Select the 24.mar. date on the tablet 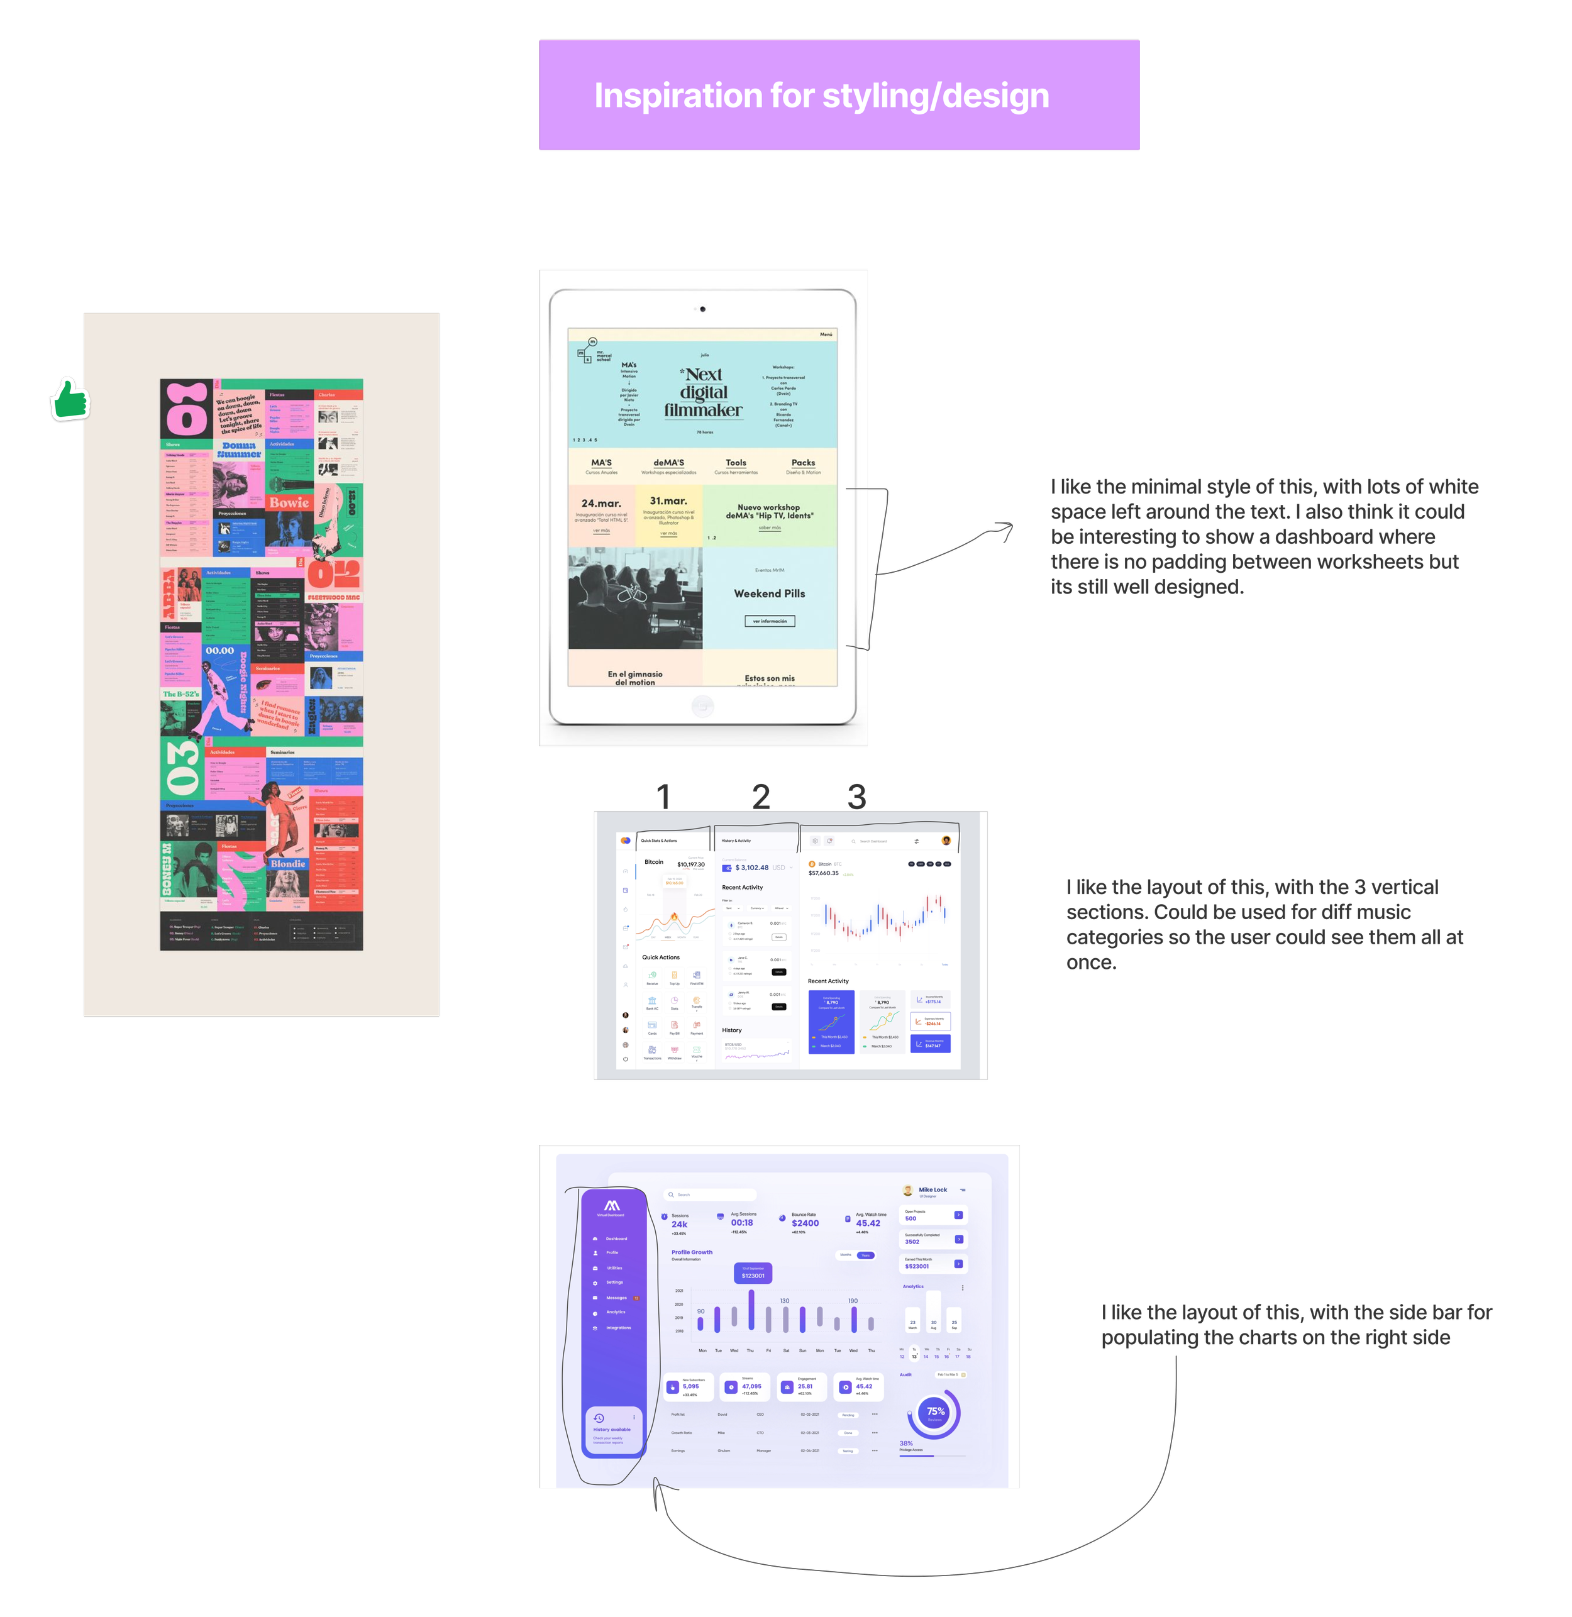(601, 504)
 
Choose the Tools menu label (736, 463)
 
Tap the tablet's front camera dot (702, 309)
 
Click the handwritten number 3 (856, 797)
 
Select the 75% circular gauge (934, 1413)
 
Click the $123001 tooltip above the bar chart (752, 1274)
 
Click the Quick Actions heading (660, 958)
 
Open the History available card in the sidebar (612, 1430)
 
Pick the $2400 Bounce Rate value (805, 1223)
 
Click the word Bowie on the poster (289, 503)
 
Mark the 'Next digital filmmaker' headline (704, 392)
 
